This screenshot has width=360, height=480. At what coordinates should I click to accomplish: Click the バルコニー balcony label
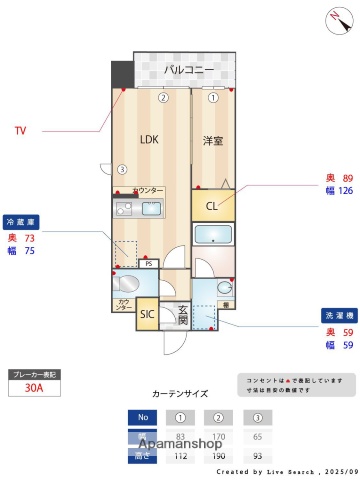188,71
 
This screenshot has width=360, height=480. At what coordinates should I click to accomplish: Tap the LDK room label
149,139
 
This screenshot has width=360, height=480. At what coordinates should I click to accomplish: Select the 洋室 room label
213,141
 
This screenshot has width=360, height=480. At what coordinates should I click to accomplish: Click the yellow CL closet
212,207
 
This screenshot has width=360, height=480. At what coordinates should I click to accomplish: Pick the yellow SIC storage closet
146,314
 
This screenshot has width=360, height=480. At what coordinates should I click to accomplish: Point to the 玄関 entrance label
182,315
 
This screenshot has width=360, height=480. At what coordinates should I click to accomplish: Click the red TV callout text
20,130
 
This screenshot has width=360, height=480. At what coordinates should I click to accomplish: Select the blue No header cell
142,418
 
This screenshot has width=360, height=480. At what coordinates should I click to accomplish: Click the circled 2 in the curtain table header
216,418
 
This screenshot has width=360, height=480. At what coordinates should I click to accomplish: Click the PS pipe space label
148,264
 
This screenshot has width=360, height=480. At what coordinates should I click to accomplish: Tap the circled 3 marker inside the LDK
121,168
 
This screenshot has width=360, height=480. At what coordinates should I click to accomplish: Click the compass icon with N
333,17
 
